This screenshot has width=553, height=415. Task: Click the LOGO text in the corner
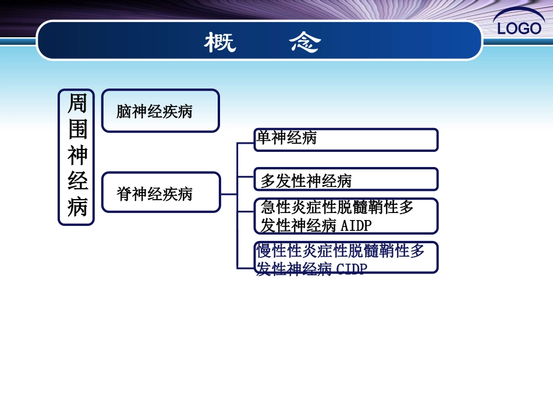[519, 28]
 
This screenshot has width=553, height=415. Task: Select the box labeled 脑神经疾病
[161, 111]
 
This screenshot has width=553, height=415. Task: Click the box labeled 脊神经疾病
[161, 193]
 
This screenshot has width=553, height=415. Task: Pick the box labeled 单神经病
[346, 140]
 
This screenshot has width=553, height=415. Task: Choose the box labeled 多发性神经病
[346, 179]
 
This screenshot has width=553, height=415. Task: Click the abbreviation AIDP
[356, 225]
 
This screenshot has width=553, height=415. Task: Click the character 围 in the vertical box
[77, 129]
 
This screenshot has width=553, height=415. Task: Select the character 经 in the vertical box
[77, 181]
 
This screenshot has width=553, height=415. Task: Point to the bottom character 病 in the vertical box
[77, 207]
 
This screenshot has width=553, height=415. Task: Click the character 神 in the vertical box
[77, 155]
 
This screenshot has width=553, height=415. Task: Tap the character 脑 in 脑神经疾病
[124, 111]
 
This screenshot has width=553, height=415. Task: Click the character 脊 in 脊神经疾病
[124, 193]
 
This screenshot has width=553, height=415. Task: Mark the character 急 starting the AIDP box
[268, 207]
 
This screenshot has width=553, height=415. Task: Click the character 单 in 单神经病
[264, 138]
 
